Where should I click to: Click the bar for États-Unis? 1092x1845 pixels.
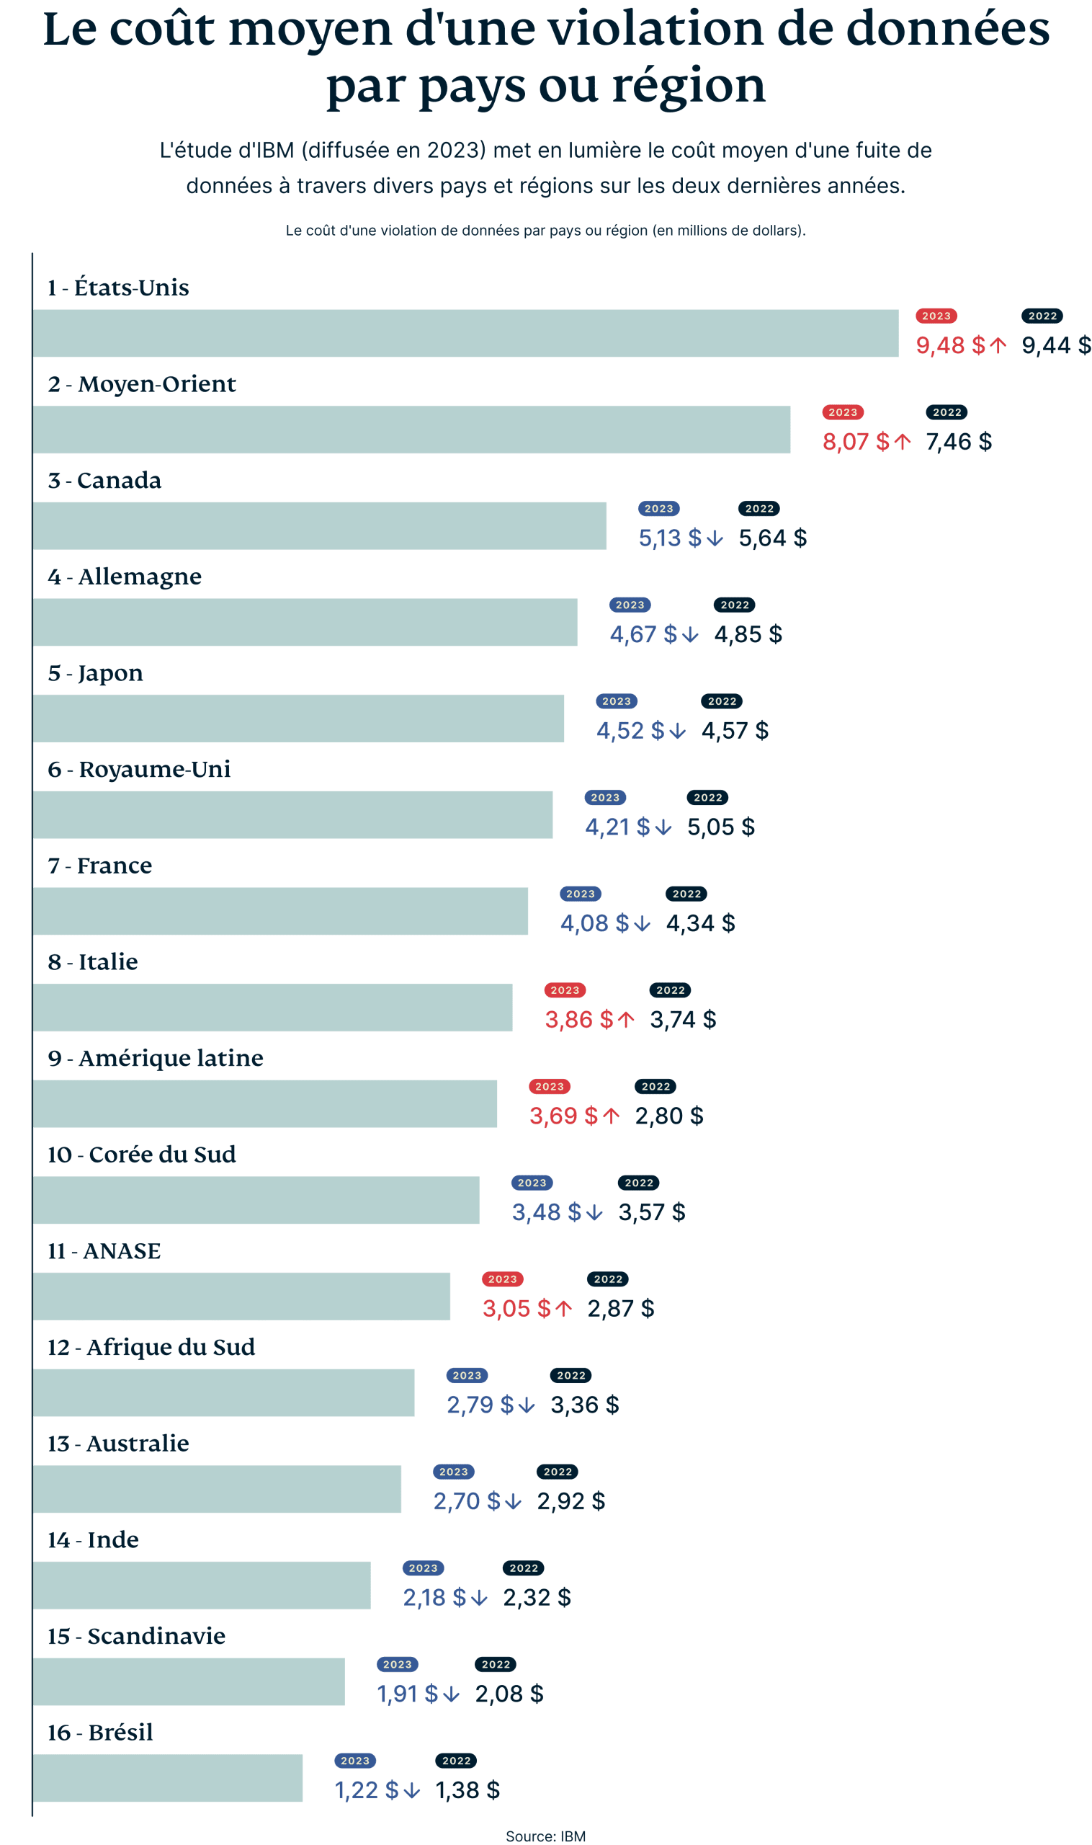tap(465, 333)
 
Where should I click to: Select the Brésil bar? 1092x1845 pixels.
tap(168, 1778)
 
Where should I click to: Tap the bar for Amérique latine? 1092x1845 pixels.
tap(265, 1103)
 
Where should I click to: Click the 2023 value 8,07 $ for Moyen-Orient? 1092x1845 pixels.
tap(856, 442)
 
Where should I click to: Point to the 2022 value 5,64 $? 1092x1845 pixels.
tap(773, 538)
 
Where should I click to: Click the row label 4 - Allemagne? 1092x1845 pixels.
tap(125, 577)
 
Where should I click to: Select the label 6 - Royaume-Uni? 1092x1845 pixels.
tap(138, 770)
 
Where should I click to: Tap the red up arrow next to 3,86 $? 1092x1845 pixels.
tap(625, 1020)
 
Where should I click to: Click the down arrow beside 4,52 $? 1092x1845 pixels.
tap(678, 731)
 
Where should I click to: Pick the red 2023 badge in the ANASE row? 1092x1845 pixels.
tap(503, 1279)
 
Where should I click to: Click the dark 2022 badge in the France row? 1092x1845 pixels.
tap(686, 894)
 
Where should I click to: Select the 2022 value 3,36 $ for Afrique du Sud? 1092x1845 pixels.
tap(585, 1405)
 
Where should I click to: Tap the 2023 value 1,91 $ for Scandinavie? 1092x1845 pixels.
tap(408, 1694)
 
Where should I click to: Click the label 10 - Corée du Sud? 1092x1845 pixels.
tap(141, 1155)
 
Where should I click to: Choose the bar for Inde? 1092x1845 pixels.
tap(202, 1585)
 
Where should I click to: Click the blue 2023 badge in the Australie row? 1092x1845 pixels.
tap(453, 1472)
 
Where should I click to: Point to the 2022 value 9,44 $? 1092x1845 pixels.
tap(1056, 345)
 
